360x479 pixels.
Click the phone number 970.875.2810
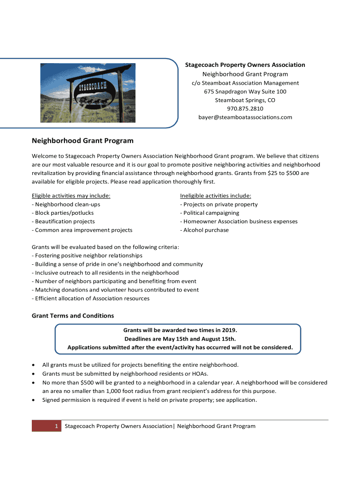(x=245, y=109)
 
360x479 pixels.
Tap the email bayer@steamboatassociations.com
(x=245, y=117)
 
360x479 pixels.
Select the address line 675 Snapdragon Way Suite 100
(x=245, y=92)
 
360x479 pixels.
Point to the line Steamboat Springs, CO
(x=245, y=100)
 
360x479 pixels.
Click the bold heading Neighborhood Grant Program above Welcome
(x=83, y=140)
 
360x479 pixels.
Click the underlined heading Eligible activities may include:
(x=71, y=196)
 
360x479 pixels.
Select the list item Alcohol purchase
(x=204, y=230)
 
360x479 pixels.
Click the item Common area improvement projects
(x=82, y=230)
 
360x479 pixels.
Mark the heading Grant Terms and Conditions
(x=72, y=316)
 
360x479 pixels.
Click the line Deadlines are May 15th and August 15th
(x=180, y=339)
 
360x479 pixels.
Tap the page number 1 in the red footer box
(x=56, y=426)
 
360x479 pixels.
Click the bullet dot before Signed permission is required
(x=33, y=400)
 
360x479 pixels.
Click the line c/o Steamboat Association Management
(x=245, y=83)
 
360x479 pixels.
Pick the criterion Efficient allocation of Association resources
(x=91, y=298)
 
